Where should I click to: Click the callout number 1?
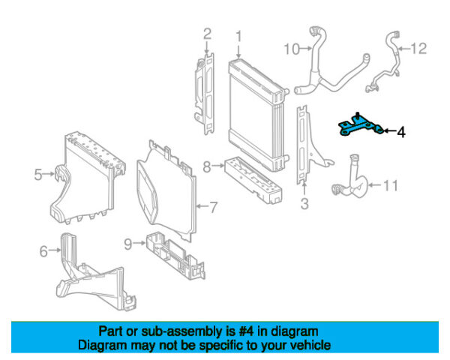coord(238,35)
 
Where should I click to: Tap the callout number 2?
coord(207,33)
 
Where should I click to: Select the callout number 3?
coord(304,203)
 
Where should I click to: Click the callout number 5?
coord(38,175)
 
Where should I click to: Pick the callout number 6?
coord(43,251)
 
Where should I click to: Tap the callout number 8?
coord(206,166)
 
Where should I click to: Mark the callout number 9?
coord(127,243)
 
